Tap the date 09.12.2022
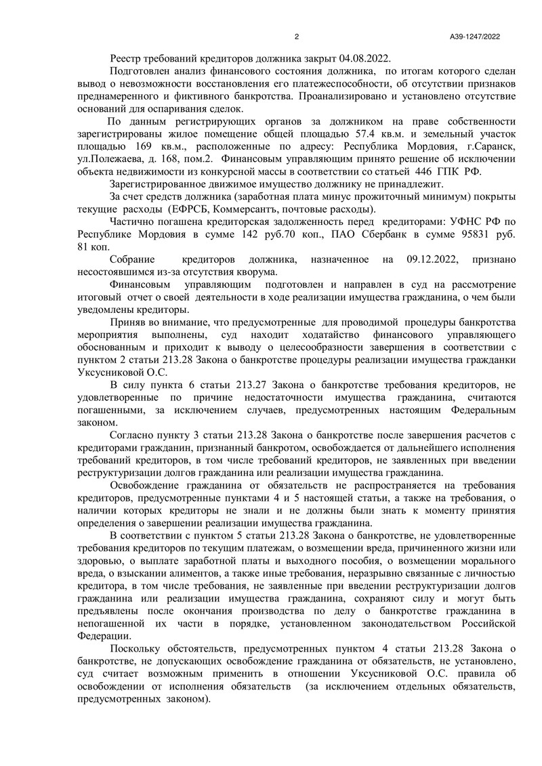[x=433, y=260]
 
